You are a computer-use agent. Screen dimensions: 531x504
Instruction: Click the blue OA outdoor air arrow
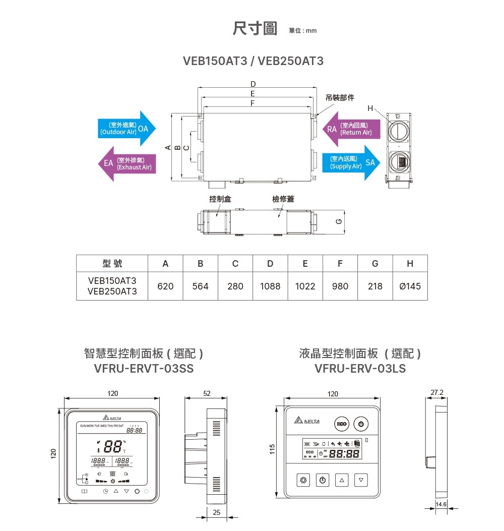point(127,129)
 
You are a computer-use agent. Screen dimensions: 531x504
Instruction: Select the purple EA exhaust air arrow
point(127,163)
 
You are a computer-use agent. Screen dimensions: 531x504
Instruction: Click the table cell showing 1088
point(270,286)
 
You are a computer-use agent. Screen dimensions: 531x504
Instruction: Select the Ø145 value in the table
point(410,286)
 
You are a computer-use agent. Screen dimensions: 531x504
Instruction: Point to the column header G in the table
point(375,263)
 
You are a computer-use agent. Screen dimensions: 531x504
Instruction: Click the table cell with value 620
point(165,286)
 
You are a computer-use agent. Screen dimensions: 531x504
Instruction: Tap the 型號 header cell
point(112,263)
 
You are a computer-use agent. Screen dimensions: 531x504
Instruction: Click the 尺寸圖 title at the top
point(255,29)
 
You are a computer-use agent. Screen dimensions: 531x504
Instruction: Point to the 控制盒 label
point(220,199)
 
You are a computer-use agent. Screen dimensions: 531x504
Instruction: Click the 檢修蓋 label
point(283,199)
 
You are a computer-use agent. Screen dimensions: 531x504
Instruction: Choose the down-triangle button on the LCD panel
point(361,480)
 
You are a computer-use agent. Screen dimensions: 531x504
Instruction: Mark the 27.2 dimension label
point(437,391)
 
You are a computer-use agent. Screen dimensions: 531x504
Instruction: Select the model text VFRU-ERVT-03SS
point(144,369)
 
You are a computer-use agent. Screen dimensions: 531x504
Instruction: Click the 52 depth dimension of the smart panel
point(208,393)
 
